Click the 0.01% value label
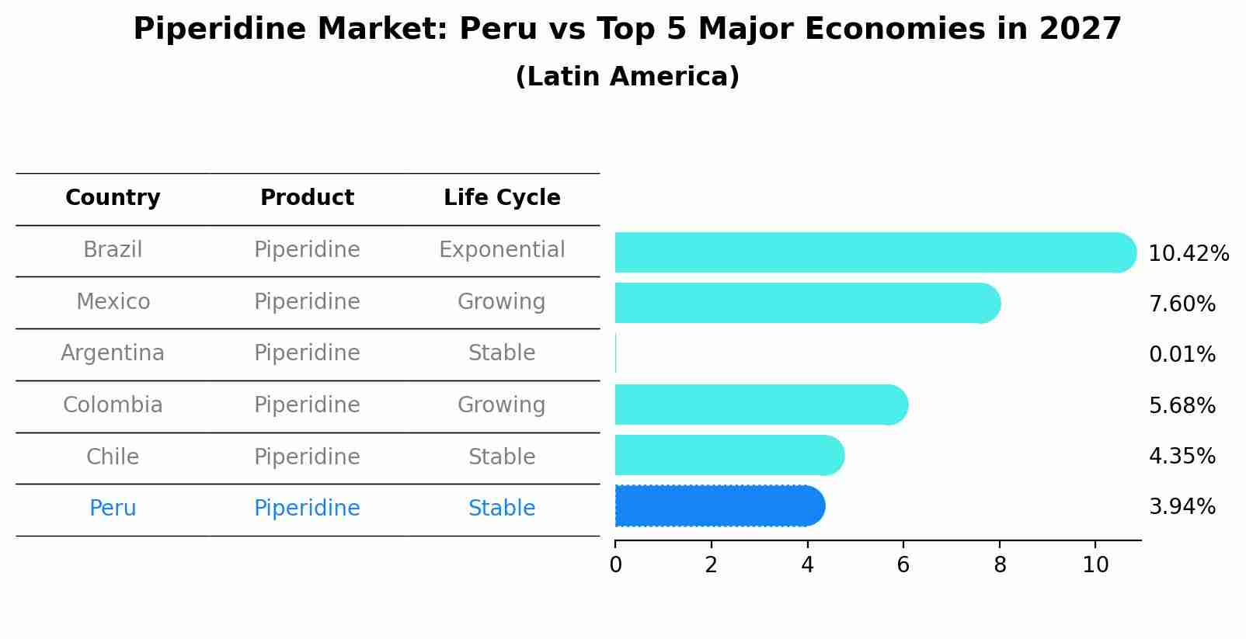pos(1182,355)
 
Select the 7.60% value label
pos(1182,304)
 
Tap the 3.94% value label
pos(1182,507)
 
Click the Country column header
pos(113,198)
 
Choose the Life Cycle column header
pos(502,198)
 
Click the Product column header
pos(307,198)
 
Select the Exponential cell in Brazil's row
pos(502,250)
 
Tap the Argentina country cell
pos(113,353)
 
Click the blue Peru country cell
pos(113,509)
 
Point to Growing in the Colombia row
pos(502,405)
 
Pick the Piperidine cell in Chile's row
pos(307,457)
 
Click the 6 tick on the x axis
pos(903,565)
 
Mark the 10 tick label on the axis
pos(1095,565)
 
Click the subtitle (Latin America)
pos(627,77)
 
